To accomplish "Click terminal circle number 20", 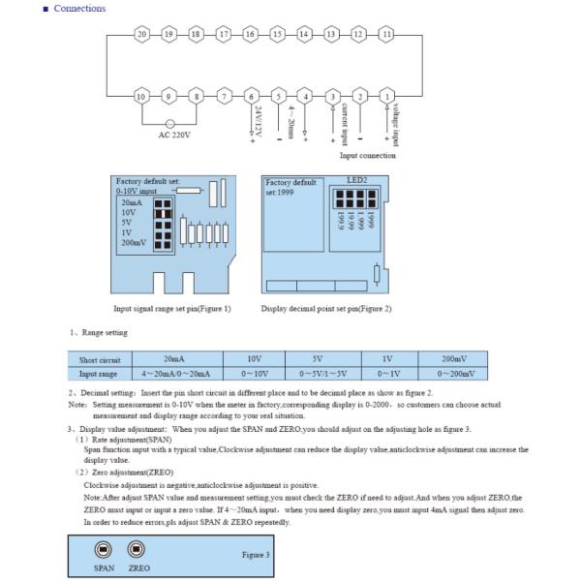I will click(x=142, y=34).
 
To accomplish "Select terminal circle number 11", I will click(x=387, y=34).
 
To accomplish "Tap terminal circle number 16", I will click(x=251, y=34).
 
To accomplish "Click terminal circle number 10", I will click(x=142, y=96).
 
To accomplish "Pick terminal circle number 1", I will click(x=387, y=96).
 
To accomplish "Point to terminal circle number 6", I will click(x=251, y=96).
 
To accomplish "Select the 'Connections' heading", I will click(x=79, y=9).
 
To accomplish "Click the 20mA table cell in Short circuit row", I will click(x=177, y=358).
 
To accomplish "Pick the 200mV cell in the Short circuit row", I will click(x=451, y=358).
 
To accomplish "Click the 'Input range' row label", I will click(x=98, y=373).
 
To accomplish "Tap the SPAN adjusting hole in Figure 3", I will click(x=104, y=549).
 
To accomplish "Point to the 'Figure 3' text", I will click(x=256, y=555).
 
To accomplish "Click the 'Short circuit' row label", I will click(x=98, y=359).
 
